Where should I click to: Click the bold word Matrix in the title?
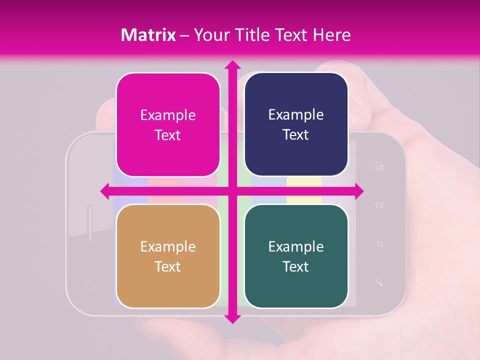pos(148,35)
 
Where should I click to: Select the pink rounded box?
pos(168,125)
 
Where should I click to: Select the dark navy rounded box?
pos(296,124)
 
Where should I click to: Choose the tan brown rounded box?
pos(168,256)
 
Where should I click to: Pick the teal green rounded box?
pos(296,256)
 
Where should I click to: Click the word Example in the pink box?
pos(168,115)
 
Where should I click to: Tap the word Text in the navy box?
pos(296,134)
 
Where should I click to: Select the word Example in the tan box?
pos(168,246)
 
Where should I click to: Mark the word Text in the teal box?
pos(296,266)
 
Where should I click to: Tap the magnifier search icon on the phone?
pos(379,282)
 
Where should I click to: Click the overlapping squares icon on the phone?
pos(379,166)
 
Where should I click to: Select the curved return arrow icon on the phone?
pos(379,244)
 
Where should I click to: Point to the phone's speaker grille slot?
pos(90,222)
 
